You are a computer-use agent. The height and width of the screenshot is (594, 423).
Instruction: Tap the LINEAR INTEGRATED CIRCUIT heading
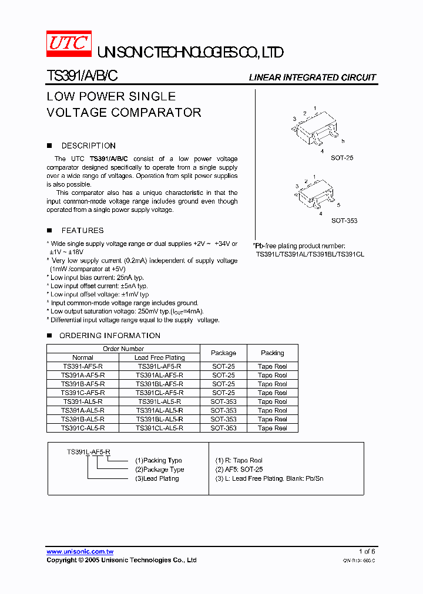click(x=312, y=77)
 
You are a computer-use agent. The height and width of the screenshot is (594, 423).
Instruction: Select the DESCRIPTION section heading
click(x=88, y=146)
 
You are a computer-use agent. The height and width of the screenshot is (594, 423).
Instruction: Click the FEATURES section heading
click(x=82, y=231)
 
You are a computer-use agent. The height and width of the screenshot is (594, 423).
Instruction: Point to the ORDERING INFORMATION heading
click(x=109, y=336)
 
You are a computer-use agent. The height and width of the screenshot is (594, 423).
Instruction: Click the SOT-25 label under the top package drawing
click(x=342, y=158)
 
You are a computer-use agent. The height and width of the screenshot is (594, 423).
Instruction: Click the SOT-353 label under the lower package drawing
click(x=344, y=221)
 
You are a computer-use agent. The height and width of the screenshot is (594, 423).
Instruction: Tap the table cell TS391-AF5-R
click(x=83, y=366)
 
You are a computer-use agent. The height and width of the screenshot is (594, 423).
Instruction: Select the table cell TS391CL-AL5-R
click(x=159, y=428)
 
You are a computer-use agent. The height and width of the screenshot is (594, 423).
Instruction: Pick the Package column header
click(x=223, y=353)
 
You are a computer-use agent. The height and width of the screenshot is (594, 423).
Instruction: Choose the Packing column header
click(x=272, y=353)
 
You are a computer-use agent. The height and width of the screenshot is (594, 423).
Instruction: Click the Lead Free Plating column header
click(x=159, y=357)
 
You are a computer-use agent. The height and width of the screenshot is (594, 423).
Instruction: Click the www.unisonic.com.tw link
click(x=80, y=552)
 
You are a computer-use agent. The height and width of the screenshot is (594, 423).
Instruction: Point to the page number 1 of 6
click(x=367, y=552)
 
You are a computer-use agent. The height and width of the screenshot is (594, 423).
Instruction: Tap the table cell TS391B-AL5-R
click(x=83, y=420)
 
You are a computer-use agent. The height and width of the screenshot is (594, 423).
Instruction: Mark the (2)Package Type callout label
click(x=159, y=470)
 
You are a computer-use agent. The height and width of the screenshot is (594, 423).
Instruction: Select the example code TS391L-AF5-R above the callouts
click(x=88, y=451)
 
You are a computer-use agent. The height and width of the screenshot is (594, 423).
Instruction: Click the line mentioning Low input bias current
click(x=97, y=278)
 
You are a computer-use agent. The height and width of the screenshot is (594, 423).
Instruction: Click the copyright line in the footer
click(x=122, y=561)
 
